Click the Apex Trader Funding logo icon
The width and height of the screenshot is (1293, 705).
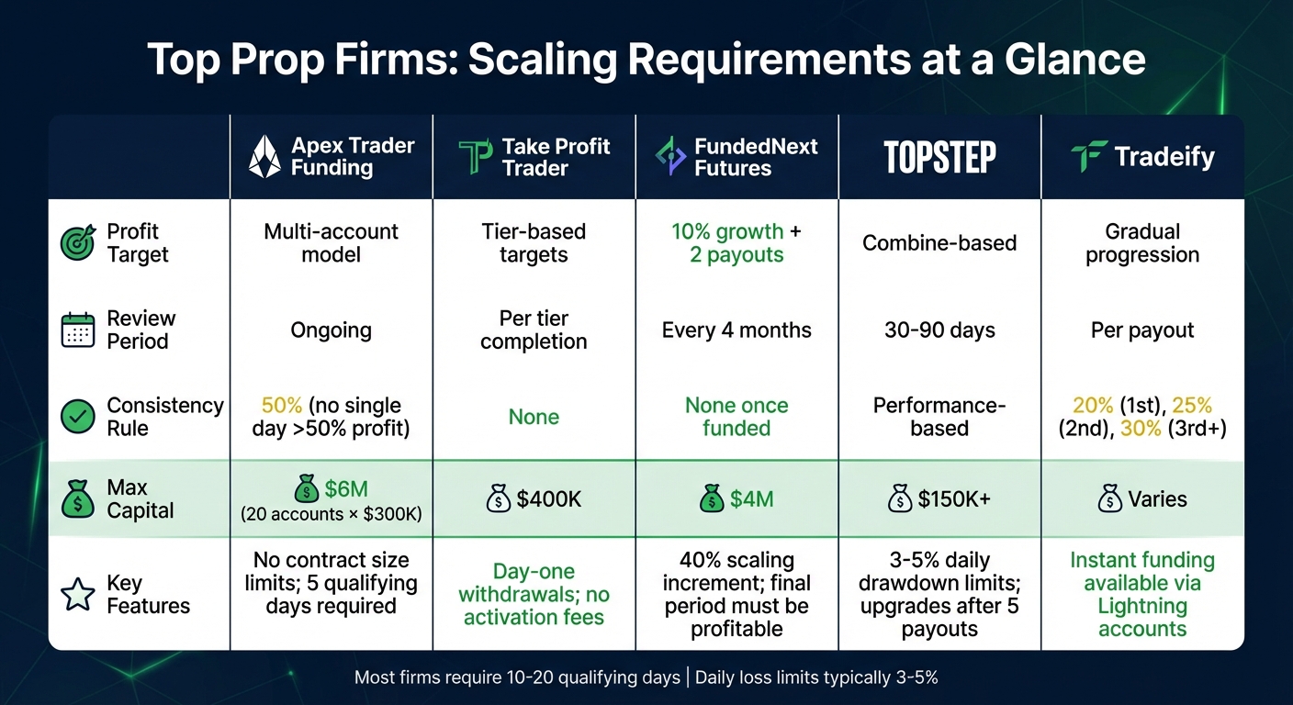[264, 157]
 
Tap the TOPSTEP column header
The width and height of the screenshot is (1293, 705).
[939, 157]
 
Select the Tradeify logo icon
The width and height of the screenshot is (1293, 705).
[1089, 157]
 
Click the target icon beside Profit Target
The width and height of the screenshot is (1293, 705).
[77, 243]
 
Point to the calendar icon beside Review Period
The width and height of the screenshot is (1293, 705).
[77, 330]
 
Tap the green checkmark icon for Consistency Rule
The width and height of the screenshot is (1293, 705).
[77, 417]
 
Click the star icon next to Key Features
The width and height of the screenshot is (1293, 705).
[77, 595]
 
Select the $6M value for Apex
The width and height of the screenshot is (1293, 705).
[346, 488]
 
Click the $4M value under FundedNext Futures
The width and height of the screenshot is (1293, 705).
[752, 499]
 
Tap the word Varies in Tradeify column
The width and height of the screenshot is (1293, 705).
[1157, 499]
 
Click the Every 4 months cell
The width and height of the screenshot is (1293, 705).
[736, 330]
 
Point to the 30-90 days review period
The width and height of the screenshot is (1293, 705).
[939, 330]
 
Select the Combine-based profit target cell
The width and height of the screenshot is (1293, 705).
[939, 243]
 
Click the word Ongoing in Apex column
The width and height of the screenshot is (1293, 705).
[331, 330]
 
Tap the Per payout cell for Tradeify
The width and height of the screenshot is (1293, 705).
[1142, 330]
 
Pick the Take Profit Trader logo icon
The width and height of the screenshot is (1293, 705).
[476, 157]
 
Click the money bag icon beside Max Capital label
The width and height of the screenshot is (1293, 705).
[77, 500]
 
